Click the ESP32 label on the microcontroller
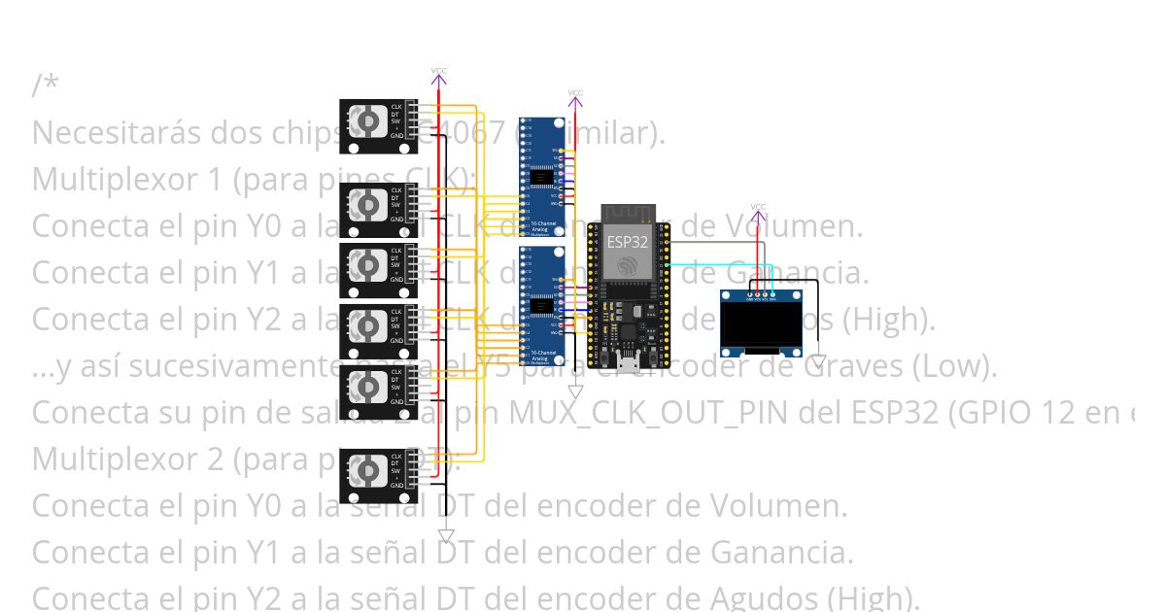coord(627,241)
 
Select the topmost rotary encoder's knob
coord(366,121)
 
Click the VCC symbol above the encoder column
coord(439,73)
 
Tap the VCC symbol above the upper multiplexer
coord(575,95)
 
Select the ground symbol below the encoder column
coord(446,535)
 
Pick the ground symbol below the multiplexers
coord(575,391)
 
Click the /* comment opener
coord(45,85)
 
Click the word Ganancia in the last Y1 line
coord(781,553)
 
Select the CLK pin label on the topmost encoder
coord(396,106)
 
